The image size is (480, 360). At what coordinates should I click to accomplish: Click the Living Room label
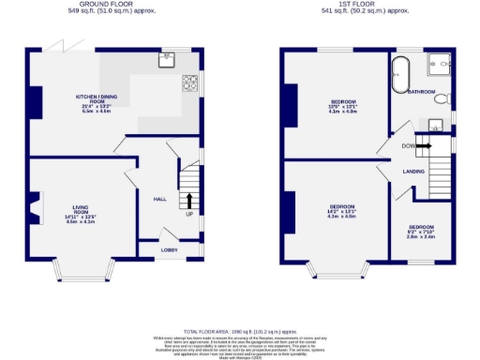pos(81,214)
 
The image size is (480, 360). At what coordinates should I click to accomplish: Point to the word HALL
pos(159,198)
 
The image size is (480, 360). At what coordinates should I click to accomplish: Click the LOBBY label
pos(169,249)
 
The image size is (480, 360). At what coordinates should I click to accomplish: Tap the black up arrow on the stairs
pos(189,201)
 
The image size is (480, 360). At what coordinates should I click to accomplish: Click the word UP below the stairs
pos(189,215)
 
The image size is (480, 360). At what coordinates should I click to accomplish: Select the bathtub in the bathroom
pos(401,75)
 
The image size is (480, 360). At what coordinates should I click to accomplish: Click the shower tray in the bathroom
pos(438,64)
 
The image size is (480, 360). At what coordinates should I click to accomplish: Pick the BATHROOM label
pos(422,92)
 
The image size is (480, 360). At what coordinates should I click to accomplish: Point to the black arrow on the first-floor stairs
pos(423,145)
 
